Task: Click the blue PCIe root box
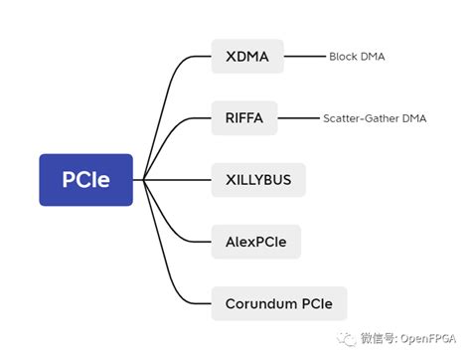point(85,180)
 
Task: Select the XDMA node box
point(247,57)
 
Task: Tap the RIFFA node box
point(244,118)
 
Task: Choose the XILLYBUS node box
point(258,180)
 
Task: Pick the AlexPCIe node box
point(255,241)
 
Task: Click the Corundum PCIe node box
point(279,302)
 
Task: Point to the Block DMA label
point(357,58)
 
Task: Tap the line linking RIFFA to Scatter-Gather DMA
point(298,118)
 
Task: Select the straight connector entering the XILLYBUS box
point(179,180)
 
